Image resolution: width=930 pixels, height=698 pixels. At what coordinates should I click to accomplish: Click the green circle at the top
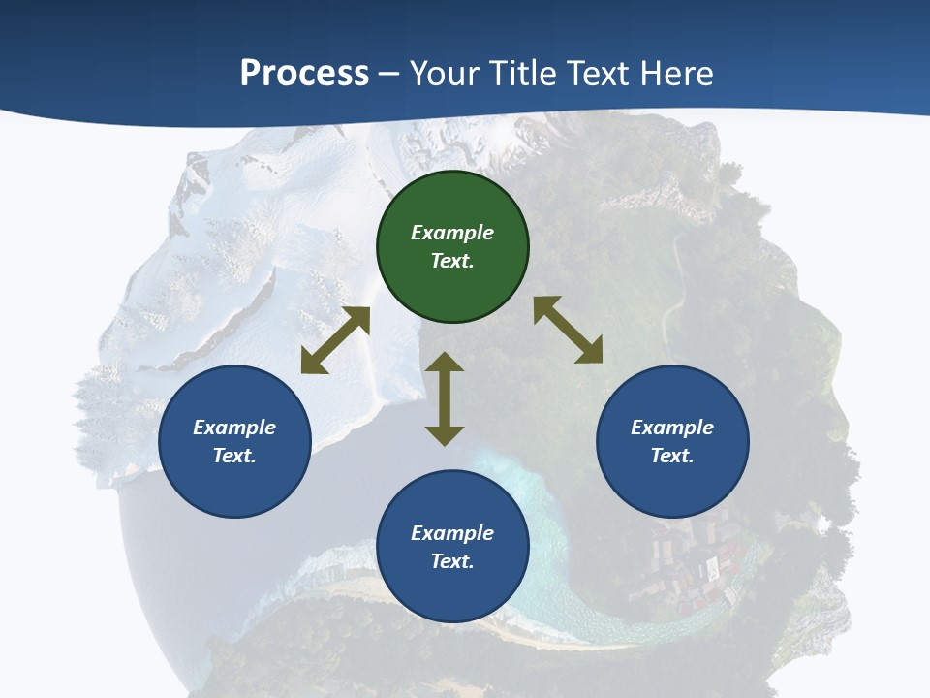pos(452,247)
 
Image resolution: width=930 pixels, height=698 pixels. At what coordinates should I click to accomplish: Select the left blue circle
pos(234,442)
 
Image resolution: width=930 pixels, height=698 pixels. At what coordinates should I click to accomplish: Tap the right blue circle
pos(672,442)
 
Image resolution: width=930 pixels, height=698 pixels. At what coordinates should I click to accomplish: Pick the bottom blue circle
pos(452,547)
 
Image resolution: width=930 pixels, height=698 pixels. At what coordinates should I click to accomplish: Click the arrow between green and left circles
pos(335,340)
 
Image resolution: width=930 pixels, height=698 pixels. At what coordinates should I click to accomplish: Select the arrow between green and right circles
pos(568,330)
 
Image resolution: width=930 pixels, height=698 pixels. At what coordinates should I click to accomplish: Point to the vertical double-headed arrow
pos(445,398)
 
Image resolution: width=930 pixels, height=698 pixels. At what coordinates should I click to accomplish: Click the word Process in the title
pos(304,74)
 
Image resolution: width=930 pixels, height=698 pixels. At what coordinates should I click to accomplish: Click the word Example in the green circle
pos(452,233)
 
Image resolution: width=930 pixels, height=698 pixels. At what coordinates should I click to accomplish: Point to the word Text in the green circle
pos(451,261)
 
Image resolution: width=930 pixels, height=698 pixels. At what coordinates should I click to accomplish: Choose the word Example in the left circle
pos(234,428)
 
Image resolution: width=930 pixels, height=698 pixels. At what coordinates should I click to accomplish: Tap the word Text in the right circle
pos(671,456)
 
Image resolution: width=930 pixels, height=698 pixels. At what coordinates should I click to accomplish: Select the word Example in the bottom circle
pos(452,533)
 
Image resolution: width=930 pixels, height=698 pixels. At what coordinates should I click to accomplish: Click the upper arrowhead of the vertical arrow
pos(445,364)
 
